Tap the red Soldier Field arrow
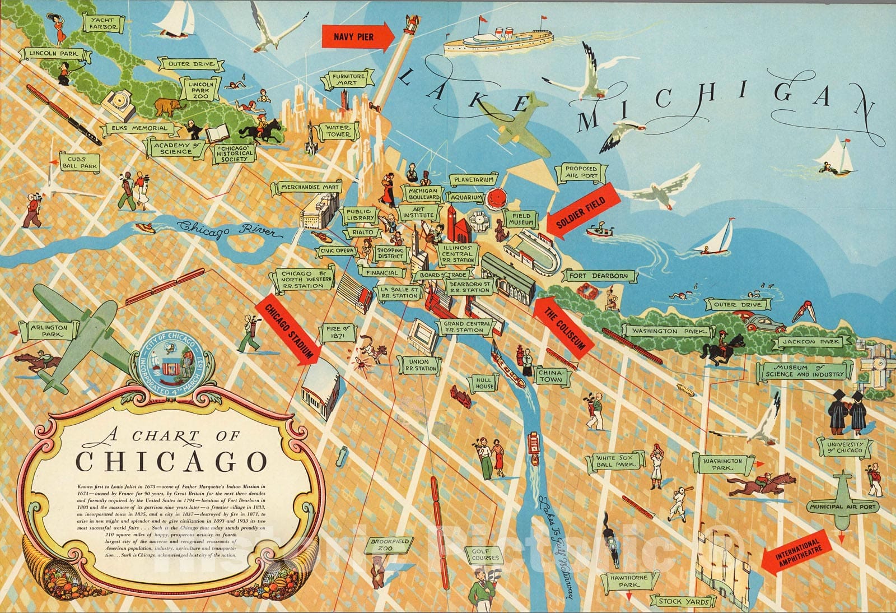582,211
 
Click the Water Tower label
338,131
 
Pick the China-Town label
550,375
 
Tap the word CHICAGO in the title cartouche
171,461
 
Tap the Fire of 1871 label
337,332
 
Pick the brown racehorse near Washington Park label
762,485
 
